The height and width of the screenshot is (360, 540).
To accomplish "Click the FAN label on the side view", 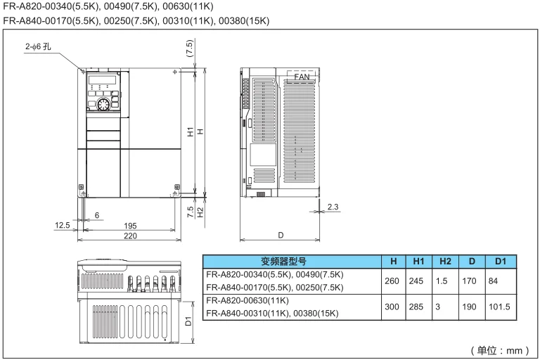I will click(302, 76).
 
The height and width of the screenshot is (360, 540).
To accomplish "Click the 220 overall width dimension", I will click(131, 236).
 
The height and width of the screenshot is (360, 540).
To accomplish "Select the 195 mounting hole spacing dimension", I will click(131, 226).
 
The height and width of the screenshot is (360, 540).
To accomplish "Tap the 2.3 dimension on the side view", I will click(333, 207).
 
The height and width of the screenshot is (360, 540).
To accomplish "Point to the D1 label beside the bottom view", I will click(188, 321).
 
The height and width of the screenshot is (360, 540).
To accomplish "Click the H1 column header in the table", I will click(418, 261).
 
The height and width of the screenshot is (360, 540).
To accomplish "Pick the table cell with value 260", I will click(393, 281).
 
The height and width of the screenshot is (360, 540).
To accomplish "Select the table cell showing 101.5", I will click(501, 307).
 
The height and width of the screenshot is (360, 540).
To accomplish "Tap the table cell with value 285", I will click(418, 307).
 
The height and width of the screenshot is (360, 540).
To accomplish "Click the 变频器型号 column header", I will click(292, 261).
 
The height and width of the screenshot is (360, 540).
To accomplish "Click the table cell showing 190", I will click(472, 307).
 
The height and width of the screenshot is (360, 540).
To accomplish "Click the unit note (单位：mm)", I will click(500, 349).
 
